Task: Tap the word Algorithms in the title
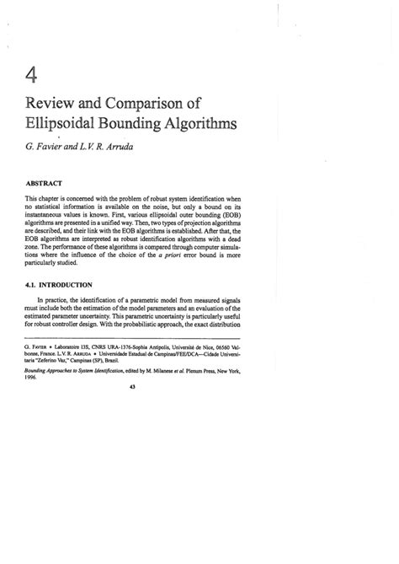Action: pyautogui.click(x=190, y=126)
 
